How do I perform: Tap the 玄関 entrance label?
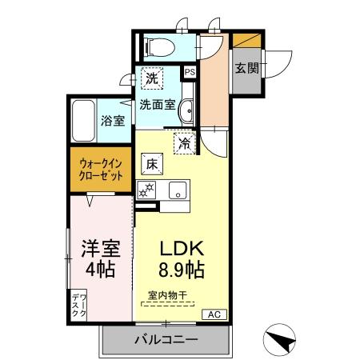coord(246,68)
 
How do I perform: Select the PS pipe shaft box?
coord(190,71)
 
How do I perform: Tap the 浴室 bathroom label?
coord(112,122)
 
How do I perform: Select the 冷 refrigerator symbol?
coord(185,144)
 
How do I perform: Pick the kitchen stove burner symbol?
coord(146,190)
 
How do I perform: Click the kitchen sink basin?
coord(178,190)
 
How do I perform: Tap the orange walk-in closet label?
coord(101,170)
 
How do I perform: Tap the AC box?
coord(214,314)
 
